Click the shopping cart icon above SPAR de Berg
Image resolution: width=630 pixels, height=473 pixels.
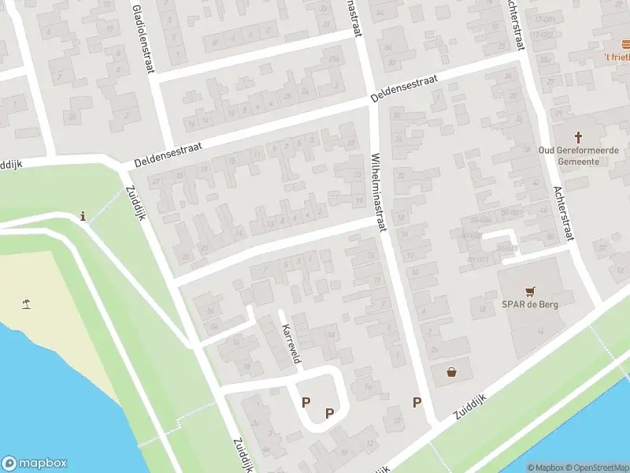click(x=529, y=290)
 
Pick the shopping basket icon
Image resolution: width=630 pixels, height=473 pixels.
click(x=452, y=372)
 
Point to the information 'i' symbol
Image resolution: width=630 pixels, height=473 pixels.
click(x=83, y=216)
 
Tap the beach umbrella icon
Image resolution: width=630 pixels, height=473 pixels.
click(x=27, y=303)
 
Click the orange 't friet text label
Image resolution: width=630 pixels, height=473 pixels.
click(x=617, y=57)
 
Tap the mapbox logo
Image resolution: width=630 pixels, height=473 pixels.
click(x=35, y=464)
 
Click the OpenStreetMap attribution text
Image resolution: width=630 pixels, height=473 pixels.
click(x=596, y=467)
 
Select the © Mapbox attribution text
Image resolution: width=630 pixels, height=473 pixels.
click(x=545, y=467)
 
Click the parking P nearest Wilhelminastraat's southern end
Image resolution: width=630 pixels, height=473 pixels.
click(x=417, y=402)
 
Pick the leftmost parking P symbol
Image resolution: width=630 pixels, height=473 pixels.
click(x=306, y=402)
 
